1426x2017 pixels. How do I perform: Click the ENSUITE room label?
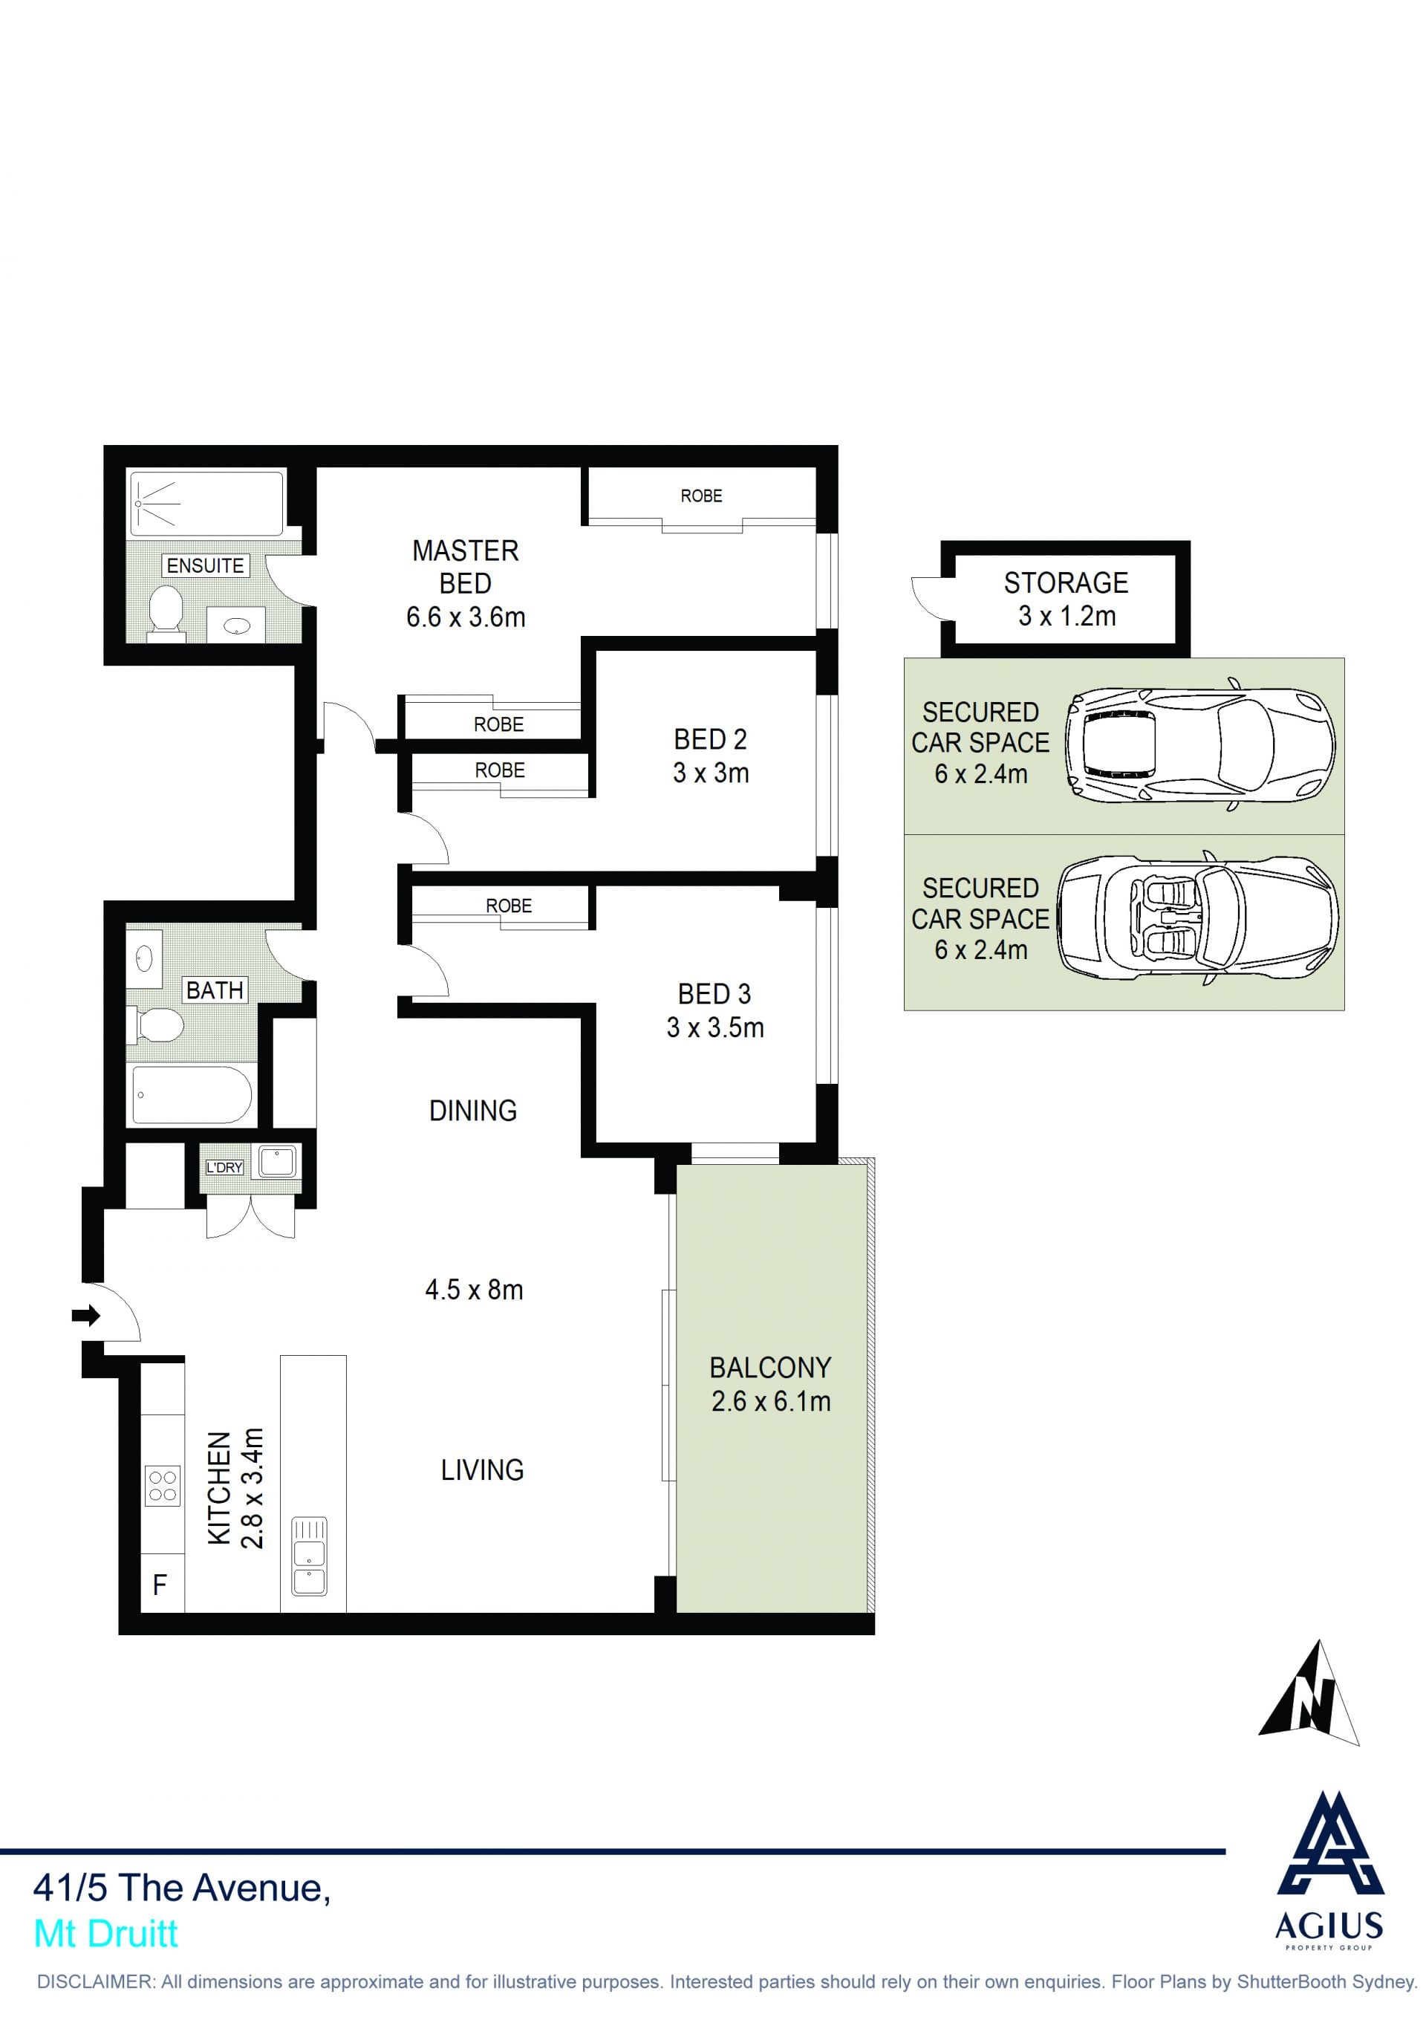pos(206,566)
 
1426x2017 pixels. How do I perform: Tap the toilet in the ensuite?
pos(166,611)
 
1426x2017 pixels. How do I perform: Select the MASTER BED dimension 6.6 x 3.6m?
pos(466,617)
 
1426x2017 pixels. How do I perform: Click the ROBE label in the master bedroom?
pos(702,496)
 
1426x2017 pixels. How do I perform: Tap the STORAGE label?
pos(1066,582)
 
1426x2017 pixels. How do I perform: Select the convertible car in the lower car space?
pos(1199,919)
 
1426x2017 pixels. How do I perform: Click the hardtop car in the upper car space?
pos(1199,745)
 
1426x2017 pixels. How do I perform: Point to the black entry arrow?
pos(86,1315)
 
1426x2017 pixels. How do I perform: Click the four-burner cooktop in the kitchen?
pos(163,1487)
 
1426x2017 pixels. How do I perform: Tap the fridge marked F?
pos(163,1584)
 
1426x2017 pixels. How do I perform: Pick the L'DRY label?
pos(224,1168)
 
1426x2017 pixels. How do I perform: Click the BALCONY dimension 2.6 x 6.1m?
pos(771,1401)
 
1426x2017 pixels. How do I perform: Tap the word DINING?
pos(473,1111)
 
